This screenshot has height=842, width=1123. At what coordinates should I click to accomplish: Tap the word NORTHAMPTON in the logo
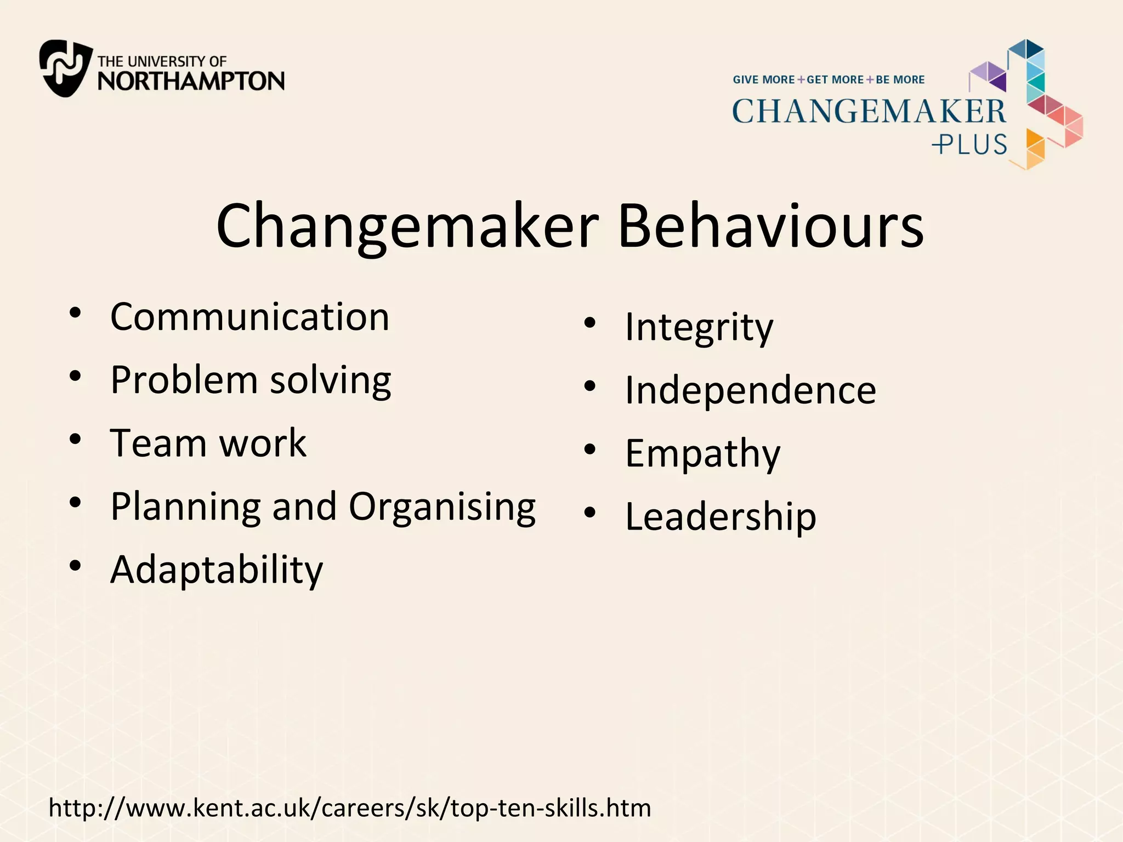191,81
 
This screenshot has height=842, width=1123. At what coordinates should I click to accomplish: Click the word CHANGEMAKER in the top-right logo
869,111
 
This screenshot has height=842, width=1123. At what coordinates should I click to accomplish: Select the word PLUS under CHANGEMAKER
969,145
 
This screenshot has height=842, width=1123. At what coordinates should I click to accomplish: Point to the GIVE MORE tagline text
763,79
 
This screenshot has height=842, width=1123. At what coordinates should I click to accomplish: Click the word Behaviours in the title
770,226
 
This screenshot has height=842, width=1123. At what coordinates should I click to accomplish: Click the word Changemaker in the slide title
407,226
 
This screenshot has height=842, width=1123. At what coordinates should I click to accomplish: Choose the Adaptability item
217,570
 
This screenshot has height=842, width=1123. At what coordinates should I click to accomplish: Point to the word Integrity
699,327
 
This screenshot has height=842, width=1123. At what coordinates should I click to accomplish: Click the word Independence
751,390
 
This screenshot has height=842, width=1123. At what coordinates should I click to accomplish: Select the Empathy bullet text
702,454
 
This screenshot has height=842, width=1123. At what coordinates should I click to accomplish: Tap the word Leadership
721,516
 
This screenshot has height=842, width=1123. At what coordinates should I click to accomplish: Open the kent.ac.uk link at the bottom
350,808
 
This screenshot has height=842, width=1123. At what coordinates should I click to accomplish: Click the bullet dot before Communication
76,313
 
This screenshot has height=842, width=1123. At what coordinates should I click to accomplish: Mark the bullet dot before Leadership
590,513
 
